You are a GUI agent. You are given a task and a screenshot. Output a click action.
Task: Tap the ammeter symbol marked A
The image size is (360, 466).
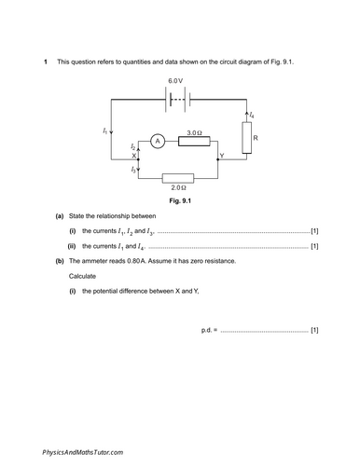(158, 141)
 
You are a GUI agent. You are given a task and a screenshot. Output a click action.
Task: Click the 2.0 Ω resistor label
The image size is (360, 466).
(177, 188)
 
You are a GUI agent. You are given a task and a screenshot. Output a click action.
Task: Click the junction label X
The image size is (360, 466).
(134, 156)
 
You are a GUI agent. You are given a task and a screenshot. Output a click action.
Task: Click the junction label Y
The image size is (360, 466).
(221, 155)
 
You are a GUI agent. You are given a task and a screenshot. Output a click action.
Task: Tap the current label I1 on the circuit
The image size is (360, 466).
(104, 131)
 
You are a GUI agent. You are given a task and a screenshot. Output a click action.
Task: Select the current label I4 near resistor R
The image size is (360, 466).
(252, 115)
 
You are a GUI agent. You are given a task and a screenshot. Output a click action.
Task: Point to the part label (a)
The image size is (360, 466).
(61, 216)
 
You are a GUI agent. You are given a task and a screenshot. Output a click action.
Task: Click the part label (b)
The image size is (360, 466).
(61, 261)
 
